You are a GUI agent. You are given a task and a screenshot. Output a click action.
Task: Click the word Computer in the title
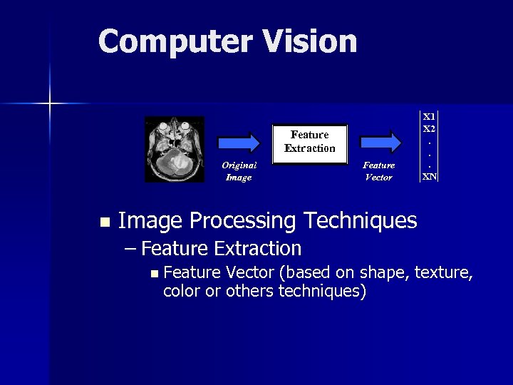[x=174, y=41]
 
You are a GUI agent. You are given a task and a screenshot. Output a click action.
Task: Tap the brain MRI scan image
[x=175, y=149]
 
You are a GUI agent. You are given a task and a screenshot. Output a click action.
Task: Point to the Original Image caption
[x=239, y=171]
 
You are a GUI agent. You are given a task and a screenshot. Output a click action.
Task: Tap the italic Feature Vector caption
[x=378, y=171]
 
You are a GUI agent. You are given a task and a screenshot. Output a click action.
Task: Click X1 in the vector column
[x=429, y=115]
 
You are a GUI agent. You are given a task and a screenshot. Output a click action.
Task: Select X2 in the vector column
[x=429, y=128]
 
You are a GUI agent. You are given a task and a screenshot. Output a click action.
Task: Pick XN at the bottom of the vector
[x=429, y=175]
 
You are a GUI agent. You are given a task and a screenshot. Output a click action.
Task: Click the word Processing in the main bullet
[x=237, y=222]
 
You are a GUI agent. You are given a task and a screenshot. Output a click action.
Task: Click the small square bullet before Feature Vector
[x=154, y=273]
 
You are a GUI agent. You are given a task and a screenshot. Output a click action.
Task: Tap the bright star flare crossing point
[x=50, y=104]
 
